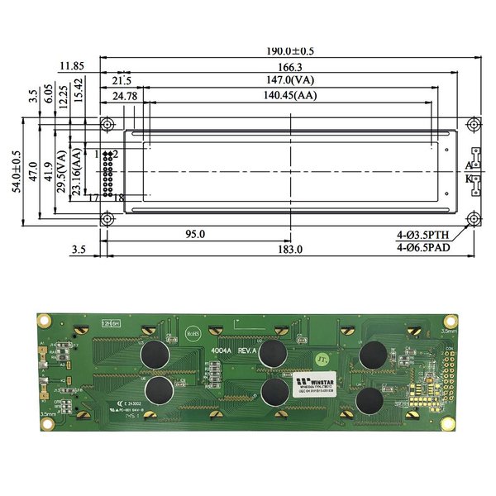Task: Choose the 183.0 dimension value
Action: pyautogui.click(x=289, y=249)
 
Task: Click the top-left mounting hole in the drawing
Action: pyautogui.click(x=107, y=123)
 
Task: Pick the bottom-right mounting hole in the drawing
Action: pyautogui.click(x=473, y=218)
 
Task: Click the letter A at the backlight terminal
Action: pyautogui.click(x=468, y=166)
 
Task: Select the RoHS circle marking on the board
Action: pyautogui.click(x=193, y=332)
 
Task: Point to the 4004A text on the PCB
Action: pyautogui.click(x=221, y=351)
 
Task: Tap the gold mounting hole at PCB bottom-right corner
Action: pyautogui.click(x=448, y=423)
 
